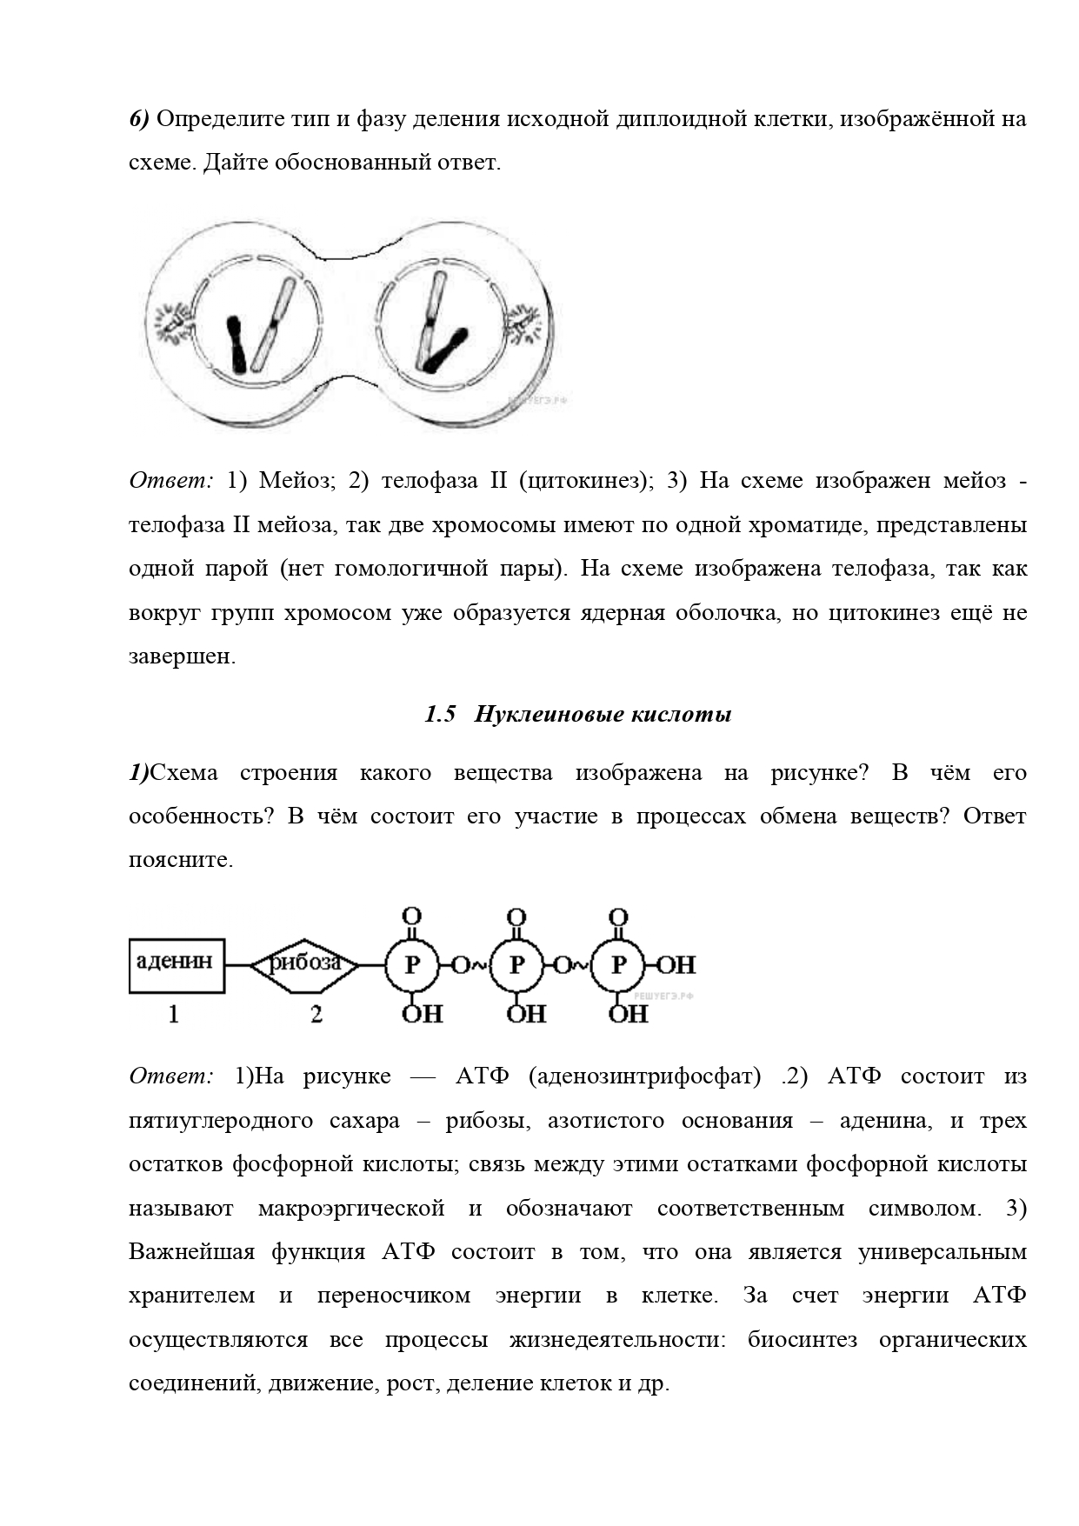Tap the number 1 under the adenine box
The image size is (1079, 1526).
pos(174,1014)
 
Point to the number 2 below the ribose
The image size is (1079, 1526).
pos(316,1014)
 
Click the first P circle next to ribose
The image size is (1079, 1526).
pos(412,965)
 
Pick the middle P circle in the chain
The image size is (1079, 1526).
pos(516,965)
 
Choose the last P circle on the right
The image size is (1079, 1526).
pos(618,965)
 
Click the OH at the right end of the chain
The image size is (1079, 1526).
pos(675,965)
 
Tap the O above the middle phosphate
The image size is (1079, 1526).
pos(516,917)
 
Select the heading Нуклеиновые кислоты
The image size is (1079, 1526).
pos(603,715)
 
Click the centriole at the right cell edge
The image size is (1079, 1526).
pos(526,319)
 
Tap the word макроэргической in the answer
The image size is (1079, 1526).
pos(351,1209)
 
